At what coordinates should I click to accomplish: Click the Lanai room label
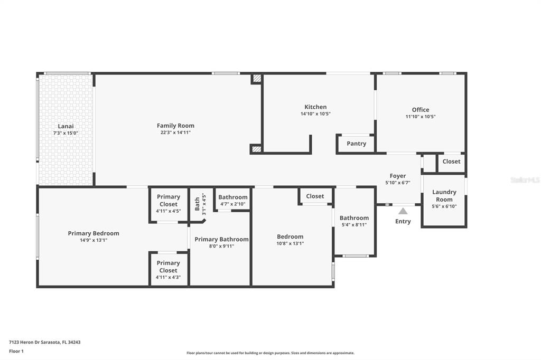[x=66, y=126]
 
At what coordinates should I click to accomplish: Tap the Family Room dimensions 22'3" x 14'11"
[x=175, y=132]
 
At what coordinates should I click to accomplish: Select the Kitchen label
[x=315, y=107]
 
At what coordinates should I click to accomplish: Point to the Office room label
[x=420, y=110]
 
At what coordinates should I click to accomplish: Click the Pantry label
[x=357, y=144]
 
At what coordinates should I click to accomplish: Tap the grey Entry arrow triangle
[x=403, y=211]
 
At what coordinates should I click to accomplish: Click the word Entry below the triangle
[x=403, y=221]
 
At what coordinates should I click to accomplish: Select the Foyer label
[x=398, y=176]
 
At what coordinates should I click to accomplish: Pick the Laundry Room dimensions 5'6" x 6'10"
[x=444, y=206]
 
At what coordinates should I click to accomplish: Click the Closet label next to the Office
[x=451, y=162]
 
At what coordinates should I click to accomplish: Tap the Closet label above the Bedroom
[x=315, y=196]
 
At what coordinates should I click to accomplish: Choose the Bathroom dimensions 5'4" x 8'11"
[x=354, y=225]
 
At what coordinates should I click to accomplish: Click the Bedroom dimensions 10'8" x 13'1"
[x=290, y=243]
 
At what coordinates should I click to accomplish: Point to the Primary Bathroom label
[x=221, y=239]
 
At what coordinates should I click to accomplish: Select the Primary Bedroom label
[x=94, y=233]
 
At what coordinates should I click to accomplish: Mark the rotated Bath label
[x=197, y=204]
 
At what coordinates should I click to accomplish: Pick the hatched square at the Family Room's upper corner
[x=256, y=78]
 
